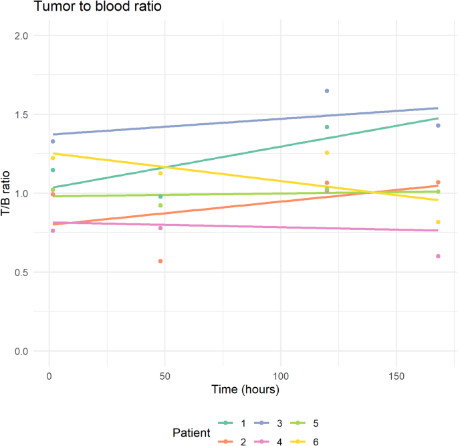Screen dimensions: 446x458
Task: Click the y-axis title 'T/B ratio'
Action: coord(7,193)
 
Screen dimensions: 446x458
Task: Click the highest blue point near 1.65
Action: coord(327,91)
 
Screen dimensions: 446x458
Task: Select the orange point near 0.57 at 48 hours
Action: coord(160,261)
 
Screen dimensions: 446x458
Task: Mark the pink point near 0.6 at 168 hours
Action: coord(438,256)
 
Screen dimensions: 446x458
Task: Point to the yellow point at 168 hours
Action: coord(438,222)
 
